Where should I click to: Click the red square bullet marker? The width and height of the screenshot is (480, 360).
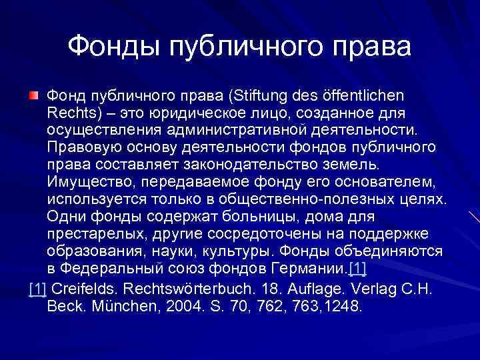(33, 97)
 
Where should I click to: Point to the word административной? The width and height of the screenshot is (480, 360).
(233, 131)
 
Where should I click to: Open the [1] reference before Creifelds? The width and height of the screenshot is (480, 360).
(38, 289)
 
